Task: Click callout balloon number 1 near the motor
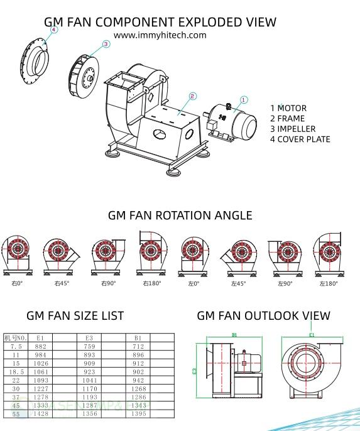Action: pyautogui.click(x=244, y=99)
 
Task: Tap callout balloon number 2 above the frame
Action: pyautogui.click(x=193, y=96)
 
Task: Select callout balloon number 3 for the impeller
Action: pyautogui.click(x=106, y=44)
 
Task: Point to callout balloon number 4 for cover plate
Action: pyautogui.click(x=53, y=30)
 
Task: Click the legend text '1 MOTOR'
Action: pyautogui.click(x=288, y=108)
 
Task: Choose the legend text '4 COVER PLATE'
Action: pyautogui.click(x=300, y=139)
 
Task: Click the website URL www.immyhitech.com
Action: pyautogui.click(x=160, y=35)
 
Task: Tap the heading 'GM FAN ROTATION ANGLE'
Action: pyautogui.click(x=180, y=215)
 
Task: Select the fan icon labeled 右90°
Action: pyautogui.click(x=105, y=254)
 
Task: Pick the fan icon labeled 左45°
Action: pyautogui.click(x=238, y=254)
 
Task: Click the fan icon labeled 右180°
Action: pyautogui.click(x=151, y=251)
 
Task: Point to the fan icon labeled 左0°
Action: pyautogui.click(x=194, y=254)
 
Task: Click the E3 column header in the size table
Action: pyautogui.click(x=89, y=337)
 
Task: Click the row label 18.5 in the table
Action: pyautogui.click(x=17, y=371)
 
